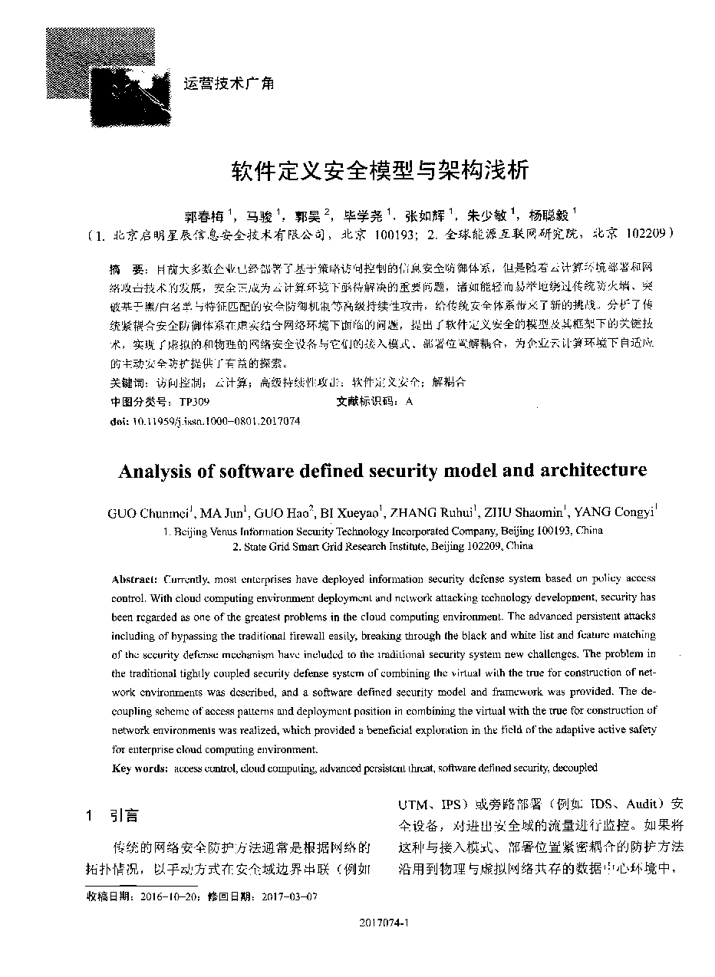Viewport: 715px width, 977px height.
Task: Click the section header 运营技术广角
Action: (x=229, y=83)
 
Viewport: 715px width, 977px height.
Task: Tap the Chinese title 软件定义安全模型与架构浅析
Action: (x=381, y=169)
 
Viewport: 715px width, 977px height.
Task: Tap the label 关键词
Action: (x=127, y=382)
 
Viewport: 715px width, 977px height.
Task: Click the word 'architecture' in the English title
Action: (x=589, y=469)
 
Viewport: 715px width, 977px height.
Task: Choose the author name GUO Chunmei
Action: (x=150, y=513)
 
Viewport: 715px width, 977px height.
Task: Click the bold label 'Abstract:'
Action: (x=135, y=578)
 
